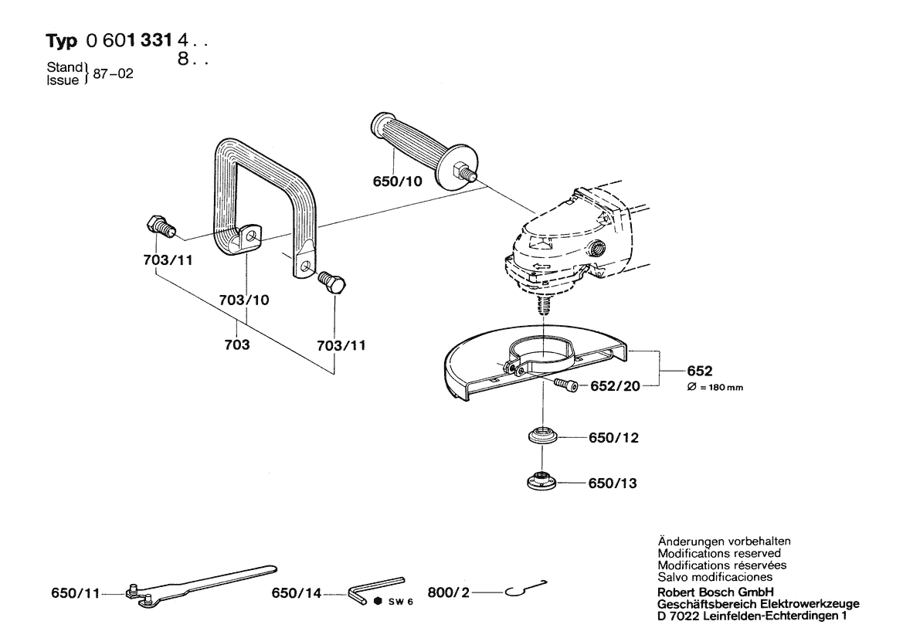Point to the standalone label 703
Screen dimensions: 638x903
click(x=236, y=344)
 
